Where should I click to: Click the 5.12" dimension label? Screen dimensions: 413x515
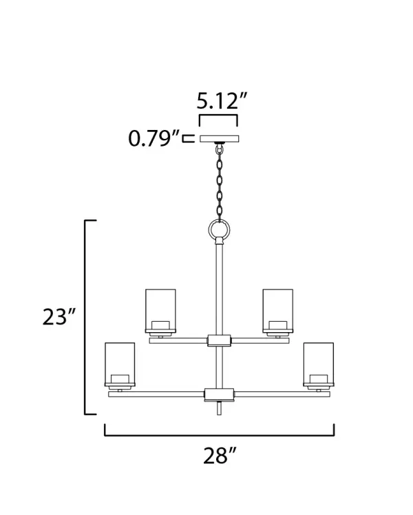tap(222, 101)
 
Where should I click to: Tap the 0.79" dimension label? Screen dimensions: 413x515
tap(154, 138)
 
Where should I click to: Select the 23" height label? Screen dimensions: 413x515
tap(59, 316)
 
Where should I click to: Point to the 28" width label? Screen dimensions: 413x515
tap(220, 456)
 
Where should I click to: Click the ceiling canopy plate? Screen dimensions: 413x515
tap(220, 139)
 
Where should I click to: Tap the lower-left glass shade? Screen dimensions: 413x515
tap(120, 364)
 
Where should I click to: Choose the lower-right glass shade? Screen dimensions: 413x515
tap(319, 364)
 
